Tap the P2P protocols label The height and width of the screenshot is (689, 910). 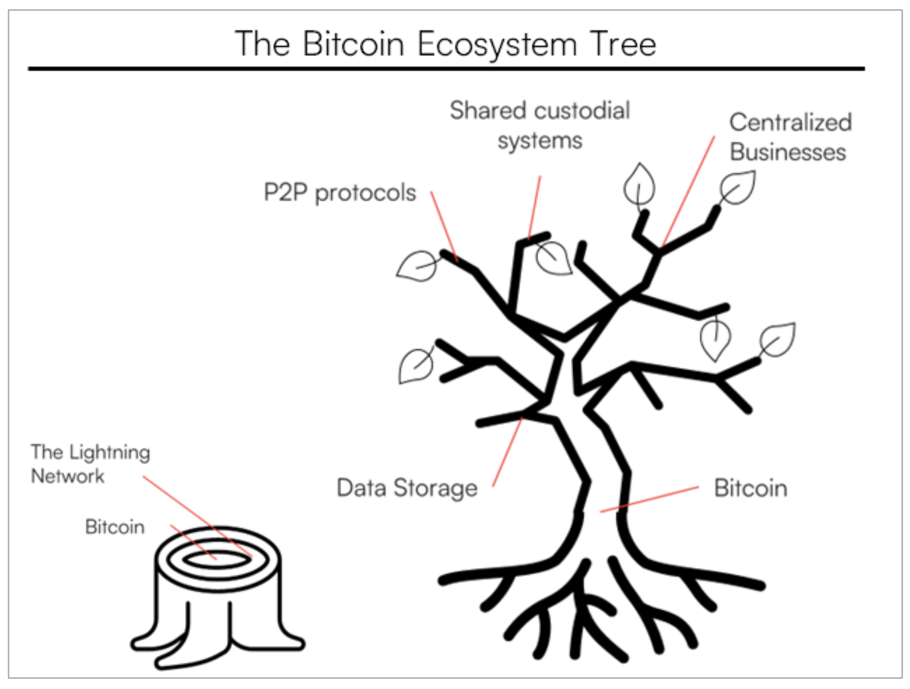[340, 193]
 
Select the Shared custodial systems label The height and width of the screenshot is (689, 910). [539, 125]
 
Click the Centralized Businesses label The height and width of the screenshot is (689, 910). [790, 137]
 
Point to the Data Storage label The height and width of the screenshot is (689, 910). [407, 488]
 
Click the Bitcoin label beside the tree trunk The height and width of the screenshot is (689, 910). [750, 488]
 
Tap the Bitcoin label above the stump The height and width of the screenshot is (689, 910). [115, 527]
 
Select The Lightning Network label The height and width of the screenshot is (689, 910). [90, 464]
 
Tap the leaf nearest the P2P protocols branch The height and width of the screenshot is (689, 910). [417, 266]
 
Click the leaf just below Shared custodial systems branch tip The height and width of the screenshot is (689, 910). [554, 258]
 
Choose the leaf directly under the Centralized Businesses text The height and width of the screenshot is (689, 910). [737, 188]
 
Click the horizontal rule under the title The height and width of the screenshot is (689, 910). [446, 69]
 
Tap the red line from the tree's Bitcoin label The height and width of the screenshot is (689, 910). [650, 499]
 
